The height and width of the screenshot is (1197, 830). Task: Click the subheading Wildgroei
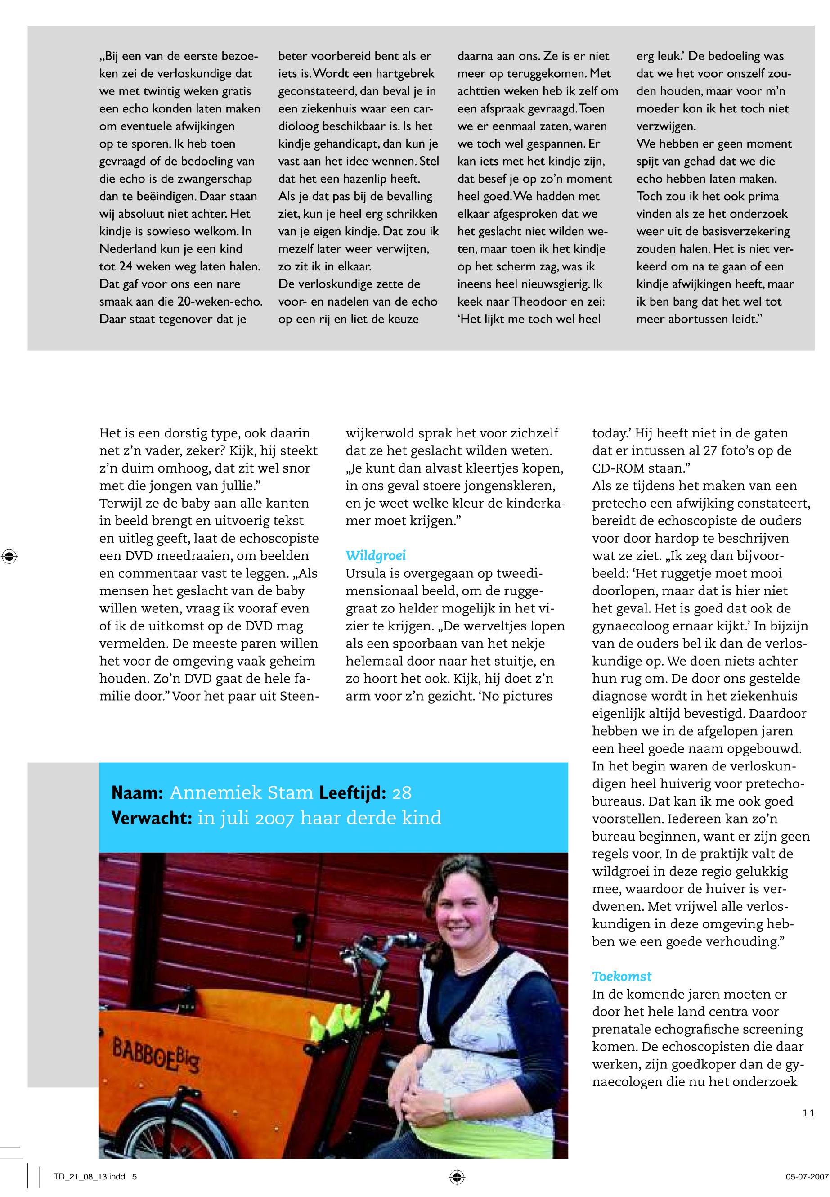376,556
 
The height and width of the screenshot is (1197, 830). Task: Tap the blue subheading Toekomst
621,976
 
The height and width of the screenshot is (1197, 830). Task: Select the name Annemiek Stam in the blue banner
241,792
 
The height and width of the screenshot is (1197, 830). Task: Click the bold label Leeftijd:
353,792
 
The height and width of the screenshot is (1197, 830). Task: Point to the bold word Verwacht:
152,817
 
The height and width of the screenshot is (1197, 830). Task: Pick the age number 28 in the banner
401,792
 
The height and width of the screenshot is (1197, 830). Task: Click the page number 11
808,1113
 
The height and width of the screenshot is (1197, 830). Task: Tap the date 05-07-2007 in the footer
806,1176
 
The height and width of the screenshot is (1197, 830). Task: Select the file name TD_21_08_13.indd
90,1176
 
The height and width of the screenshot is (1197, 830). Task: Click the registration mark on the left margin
9,557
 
